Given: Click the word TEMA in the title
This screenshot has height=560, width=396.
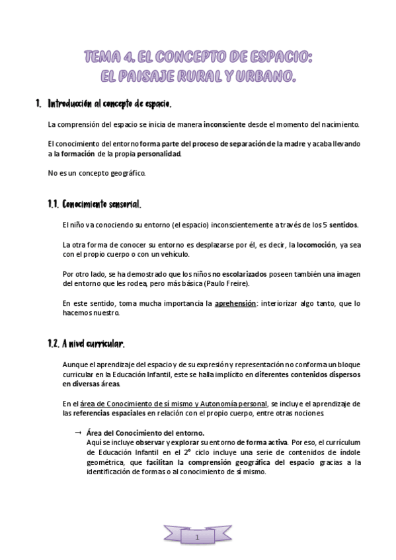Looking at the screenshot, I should pyautogui.click(x=100, y=59).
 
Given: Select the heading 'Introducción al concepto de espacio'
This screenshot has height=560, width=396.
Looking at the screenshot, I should pyautogui.click(x=110, y=104).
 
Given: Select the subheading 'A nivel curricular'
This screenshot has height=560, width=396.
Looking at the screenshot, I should pyautogui.click(x=93, y=344).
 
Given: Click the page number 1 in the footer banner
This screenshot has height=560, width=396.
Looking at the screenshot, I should pyautogui.click(x=198, y=539).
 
